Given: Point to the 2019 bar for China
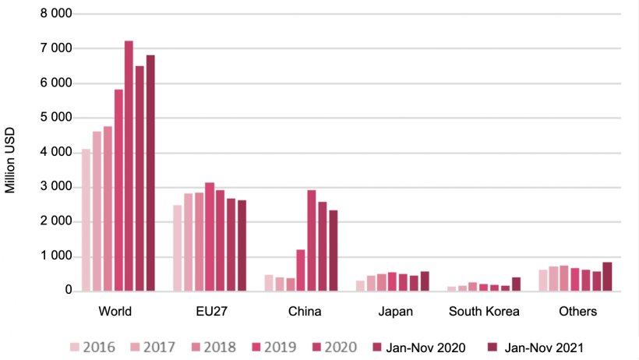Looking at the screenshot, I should (x=301, y=270).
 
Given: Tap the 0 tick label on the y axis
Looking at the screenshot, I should (x=69, y=291).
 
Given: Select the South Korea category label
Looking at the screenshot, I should (x=484, y=312).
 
